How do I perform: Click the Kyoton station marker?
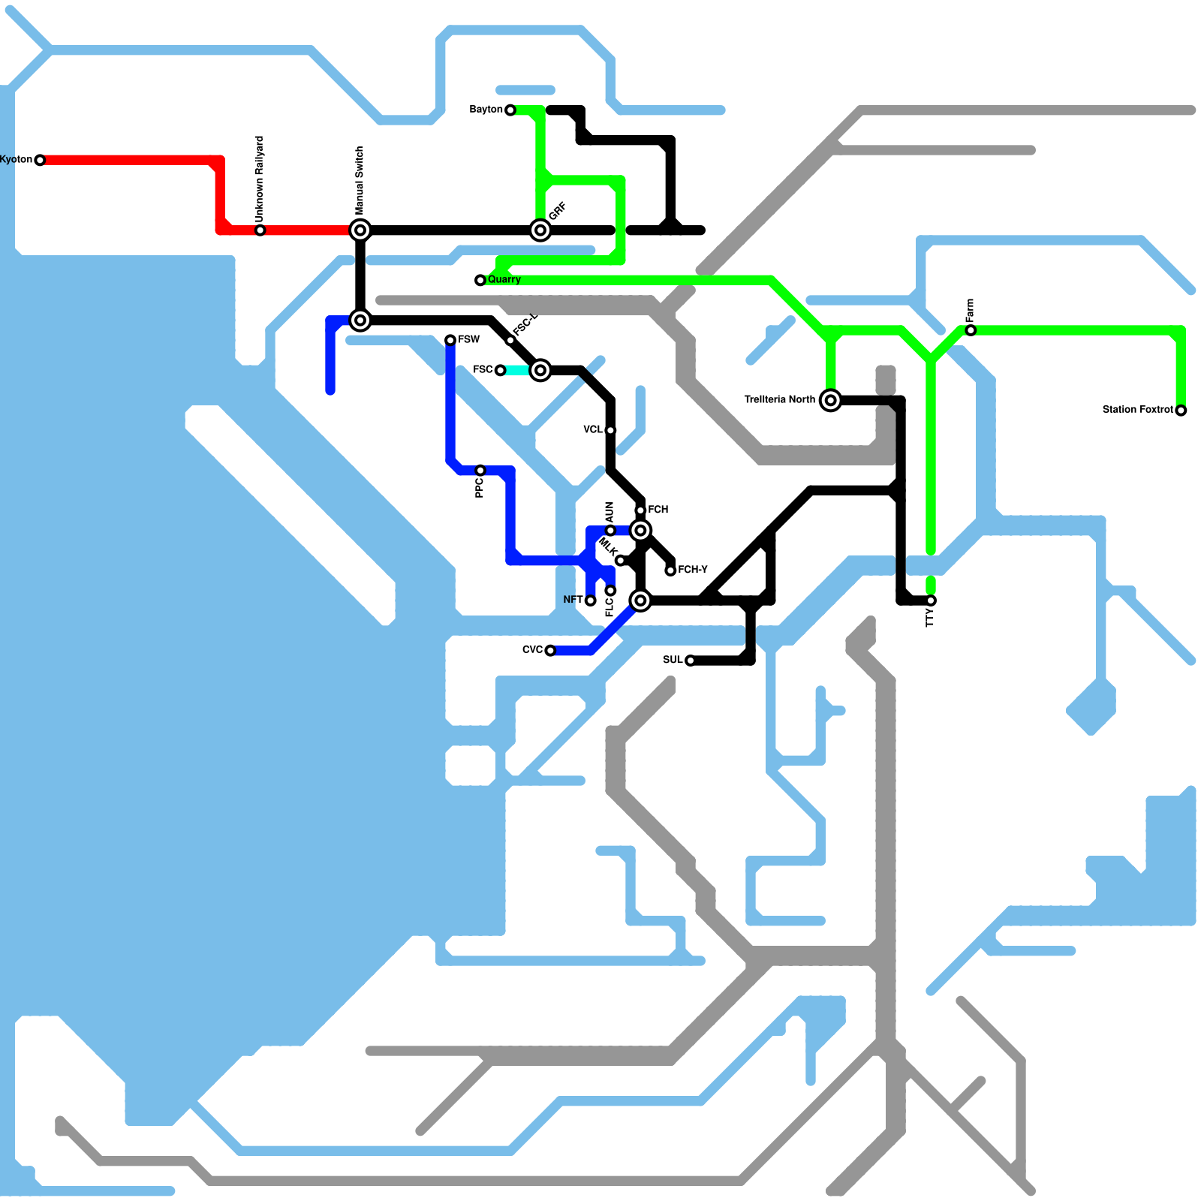click(x=40, y=160)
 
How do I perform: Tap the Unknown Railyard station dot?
click(x=260, y=230)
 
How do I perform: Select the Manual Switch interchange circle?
click(x=360, y=230)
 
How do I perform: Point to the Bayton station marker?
click(x=510, y=110)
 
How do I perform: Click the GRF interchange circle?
click(x=540, y=230)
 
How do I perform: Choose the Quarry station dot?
click(x=480, y=280)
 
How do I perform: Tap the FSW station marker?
click(x=450, y=340)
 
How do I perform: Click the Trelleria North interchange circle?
click(x=830, y=400)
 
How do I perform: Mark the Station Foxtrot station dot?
click(x=1181, y=411)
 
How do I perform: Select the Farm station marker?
click(x=971, y=330)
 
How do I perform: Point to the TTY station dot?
click(x=931, y=600)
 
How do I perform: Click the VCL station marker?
click(x=610, y=430)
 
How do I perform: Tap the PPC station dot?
click(x=480, y=471)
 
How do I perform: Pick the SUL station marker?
click(x=690, y=661)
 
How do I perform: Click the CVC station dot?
click(x=550, y=650)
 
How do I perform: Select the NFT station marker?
click(x=591, y=600)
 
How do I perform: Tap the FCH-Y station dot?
click(x=670, y=570)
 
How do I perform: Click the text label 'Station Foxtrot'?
click(x=1137, y=410)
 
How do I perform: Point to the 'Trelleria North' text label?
click(x=779, y=399)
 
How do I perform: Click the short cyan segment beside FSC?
click(x=518, y=370)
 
